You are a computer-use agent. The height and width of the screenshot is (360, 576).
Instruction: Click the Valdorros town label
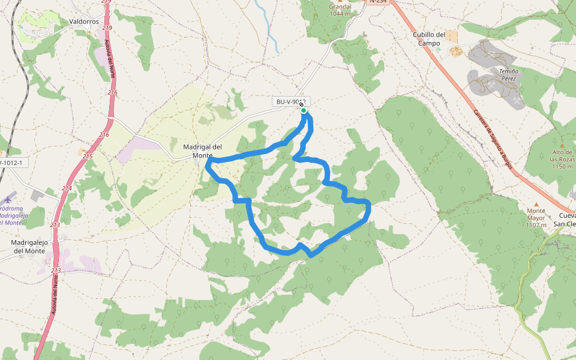[83, 21]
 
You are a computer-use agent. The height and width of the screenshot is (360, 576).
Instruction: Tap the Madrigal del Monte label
[202, 151]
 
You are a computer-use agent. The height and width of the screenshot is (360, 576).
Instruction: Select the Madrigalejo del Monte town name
[28, 247]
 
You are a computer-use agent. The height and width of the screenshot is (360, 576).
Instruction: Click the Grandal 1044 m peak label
[340, 10]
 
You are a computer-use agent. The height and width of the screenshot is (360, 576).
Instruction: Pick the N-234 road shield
[377, 2]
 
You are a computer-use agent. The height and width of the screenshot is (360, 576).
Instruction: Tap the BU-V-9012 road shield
[290, 102]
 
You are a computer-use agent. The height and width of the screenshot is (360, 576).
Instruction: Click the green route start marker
[304, 110]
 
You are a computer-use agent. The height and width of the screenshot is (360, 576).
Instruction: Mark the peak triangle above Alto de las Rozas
[562, 145]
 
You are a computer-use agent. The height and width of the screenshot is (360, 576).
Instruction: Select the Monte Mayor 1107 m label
[536, 218]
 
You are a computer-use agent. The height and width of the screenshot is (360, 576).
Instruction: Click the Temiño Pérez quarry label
[508, 74]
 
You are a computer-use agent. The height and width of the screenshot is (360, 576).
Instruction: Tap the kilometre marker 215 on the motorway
[88, 156]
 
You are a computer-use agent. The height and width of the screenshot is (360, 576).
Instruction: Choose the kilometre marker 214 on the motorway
[66, 188]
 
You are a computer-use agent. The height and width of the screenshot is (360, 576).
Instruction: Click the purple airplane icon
[8, 199]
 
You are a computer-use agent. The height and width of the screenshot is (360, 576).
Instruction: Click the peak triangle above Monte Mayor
[536, 204]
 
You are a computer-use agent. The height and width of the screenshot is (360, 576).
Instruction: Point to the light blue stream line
[267, 27]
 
